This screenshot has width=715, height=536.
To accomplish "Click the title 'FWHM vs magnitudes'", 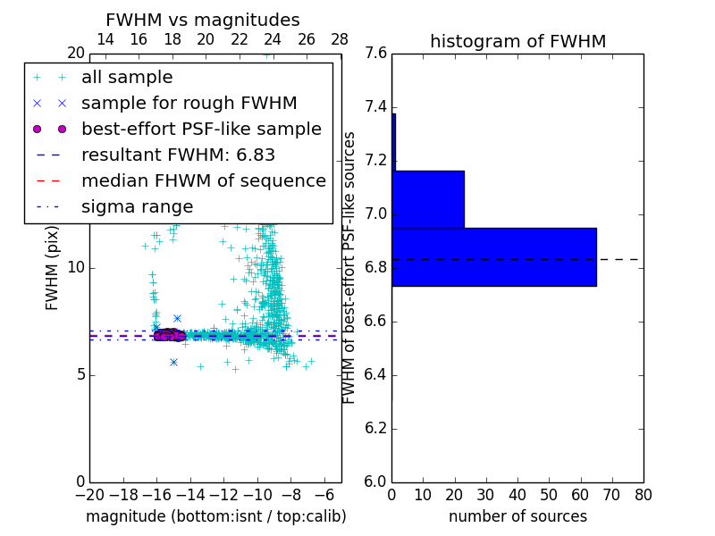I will pyautogui.click(x=203, y=21).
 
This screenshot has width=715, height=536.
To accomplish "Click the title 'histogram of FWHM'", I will pyautogui.click(x=517, y=41).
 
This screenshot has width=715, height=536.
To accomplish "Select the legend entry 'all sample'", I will pyautogui.click(x=127, y=78).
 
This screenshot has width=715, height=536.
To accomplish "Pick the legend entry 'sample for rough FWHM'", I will pyautogui.click(x=189, y=104).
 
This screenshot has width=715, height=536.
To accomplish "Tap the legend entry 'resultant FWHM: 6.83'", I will pyautogui.click(x=178, y=155).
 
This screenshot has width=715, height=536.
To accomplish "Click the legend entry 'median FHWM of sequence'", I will pyautogui.click(x=203, y=180).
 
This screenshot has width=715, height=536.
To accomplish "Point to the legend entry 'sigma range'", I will pyautogui.click(x=137, y=206).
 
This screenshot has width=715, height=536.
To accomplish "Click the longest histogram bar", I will pyautogui.click(x=493, y=257).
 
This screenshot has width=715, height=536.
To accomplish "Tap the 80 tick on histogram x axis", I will pyautogui.click(x=643, y=495).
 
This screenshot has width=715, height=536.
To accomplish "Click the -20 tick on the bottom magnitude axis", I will pyautogui.click(x=89, y=495).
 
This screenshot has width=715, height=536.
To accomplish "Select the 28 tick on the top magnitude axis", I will pyautogui.click(x=341, y=39).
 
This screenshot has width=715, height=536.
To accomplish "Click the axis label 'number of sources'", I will pyautogui.click(x=517, y=516).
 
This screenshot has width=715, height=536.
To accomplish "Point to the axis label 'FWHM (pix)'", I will pyautogui.click(x=53, y=268).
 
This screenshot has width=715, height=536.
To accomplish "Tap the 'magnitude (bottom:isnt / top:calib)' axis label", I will pyautogui.click(x=215, y=516).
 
